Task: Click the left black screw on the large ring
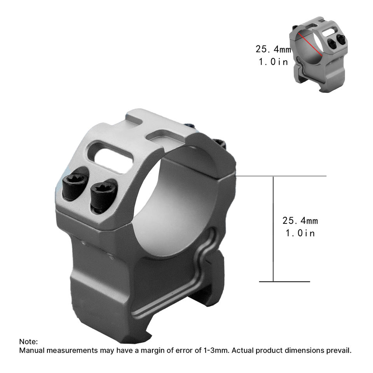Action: [x=74, y=186]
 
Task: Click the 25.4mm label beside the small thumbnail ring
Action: [x=273, y=49]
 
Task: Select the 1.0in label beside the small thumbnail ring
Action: [x=273, y=62]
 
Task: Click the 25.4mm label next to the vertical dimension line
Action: [x=300, y=221]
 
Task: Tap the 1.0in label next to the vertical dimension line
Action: [x=300, y=233]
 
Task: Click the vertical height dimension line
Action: [x=273, y=229]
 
